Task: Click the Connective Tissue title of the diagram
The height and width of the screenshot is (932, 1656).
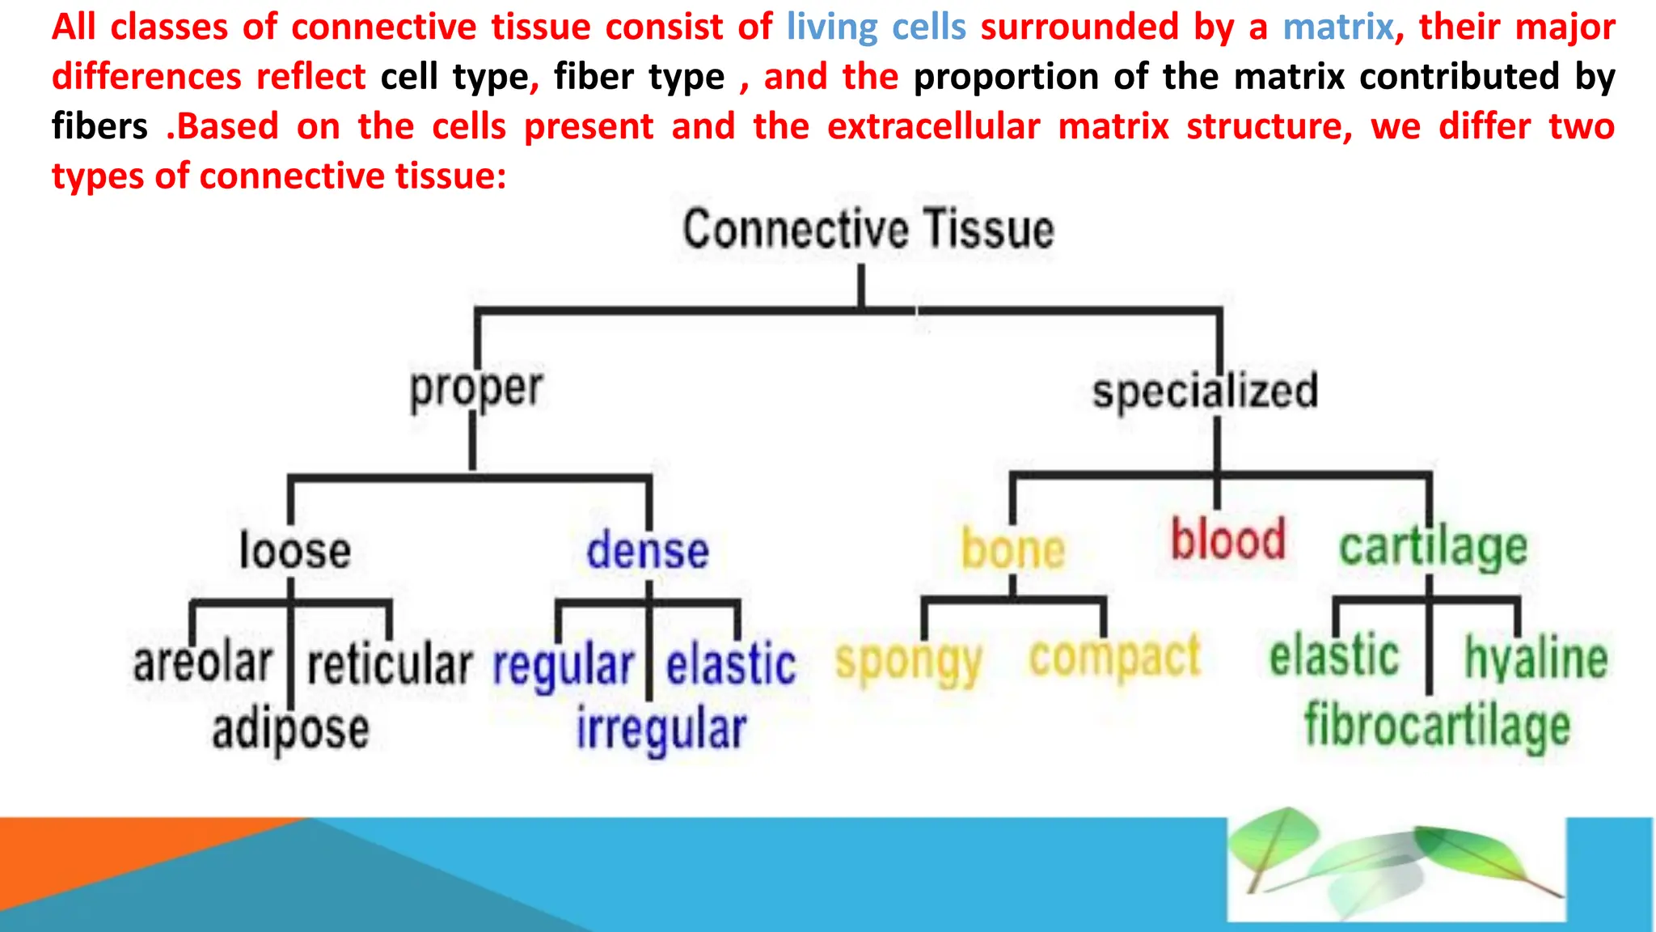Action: click(x=868, y=230)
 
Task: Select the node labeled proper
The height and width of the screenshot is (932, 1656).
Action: click(x=476, y=389)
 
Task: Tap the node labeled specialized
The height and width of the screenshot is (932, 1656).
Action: click(x=1205, y=391)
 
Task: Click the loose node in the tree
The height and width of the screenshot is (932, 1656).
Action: click(x=295, y=551)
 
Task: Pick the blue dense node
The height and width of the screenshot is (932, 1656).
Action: click(x=648, y=551)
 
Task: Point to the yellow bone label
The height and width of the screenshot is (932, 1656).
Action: click(x=1013, y=549)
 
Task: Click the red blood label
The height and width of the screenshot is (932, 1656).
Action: click(x=1227, y=540)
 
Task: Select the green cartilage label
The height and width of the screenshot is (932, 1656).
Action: click(x=1433, y=548)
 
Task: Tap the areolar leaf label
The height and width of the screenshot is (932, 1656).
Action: click(x=203, y=663)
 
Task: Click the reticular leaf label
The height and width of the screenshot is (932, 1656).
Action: click(x=390, y=665)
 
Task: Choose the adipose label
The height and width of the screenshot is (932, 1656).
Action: click(x=290, y=729)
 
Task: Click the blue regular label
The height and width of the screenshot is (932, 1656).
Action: click(x=563, y=666)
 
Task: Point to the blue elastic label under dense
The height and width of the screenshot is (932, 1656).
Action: click(x=731, y=664)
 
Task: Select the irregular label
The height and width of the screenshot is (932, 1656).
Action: click(x=661, y=729)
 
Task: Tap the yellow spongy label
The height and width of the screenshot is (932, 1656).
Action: click(x=909, y=663)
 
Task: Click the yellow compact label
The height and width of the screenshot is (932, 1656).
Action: click(x=1114, y=657)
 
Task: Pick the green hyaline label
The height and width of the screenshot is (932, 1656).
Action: click(x=1536, y=658)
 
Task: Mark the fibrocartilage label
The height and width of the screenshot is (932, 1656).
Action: click(x=1437, y=726)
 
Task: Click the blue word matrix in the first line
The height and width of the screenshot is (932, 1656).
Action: click(x=1338, y=27)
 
